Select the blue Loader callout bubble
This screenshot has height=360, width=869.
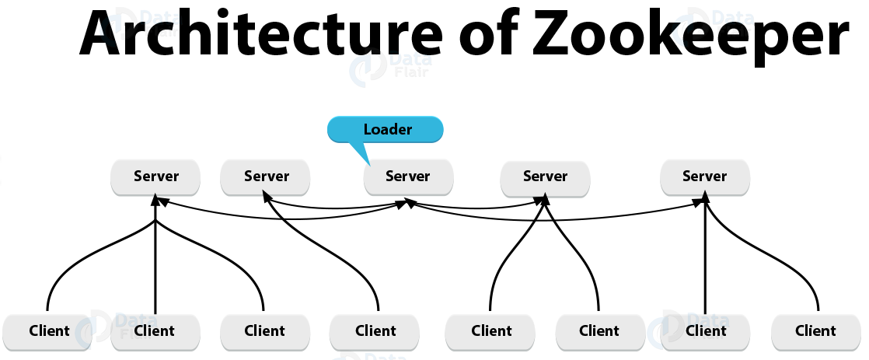point(386,129)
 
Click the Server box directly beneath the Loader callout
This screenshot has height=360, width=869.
point(407,177)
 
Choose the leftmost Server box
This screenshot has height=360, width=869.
point(155,177)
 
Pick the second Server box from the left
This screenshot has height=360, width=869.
point(266,177)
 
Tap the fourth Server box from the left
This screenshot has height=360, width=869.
point(545,177)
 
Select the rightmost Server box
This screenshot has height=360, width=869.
point(704,177)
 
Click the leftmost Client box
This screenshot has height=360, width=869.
point(49,331)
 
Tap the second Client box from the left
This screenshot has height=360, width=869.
point(155,331)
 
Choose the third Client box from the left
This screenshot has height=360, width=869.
point(264,331)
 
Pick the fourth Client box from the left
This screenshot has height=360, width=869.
point(375,331)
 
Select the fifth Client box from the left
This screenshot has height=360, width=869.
point(490,331)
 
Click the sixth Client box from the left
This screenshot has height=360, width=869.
point(599,331)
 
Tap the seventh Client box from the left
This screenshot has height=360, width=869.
point(706,331)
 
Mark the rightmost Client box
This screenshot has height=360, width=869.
point(815,331)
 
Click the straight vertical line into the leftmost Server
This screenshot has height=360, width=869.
point(155,264)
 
